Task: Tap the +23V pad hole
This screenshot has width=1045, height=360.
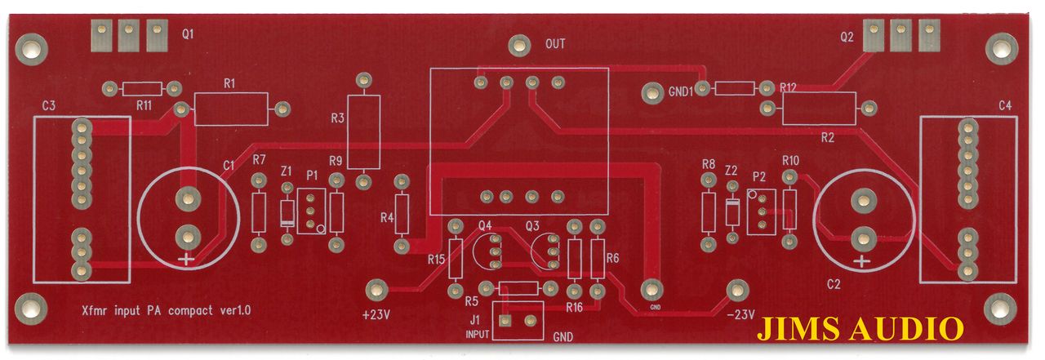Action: point(376,288)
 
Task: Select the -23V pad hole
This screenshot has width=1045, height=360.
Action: point(737,288)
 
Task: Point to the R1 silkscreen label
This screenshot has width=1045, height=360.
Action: point(229,83)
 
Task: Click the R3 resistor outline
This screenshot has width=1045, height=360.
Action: point(364,131)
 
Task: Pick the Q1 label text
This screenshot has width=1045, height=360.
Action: point(189,34)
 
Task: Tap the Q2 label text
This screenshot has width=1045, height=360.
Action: point(847,37)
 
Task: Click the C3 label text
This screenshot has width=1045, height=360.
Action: point(48,106)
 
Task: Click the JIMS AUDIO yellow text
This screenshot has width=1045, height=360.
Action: point(860,329)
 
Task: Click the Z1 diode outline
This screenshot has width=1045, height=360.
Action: point(287,214)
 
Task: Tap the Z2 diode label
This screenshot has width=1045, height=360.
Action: point(731,171)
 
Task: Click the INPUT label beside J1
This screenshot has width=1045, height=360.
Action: point(478,335)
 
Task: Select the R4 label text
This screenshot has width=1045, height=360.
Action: point(387,218)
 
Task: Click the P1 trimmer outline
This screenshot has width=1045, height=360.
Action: point(312,211)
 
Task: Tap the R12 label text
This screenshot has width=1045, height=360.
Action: point(788,87)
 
